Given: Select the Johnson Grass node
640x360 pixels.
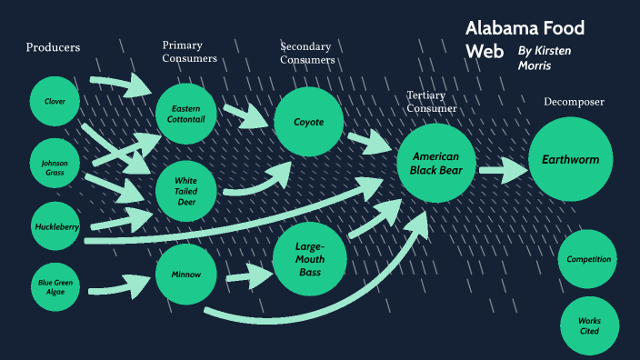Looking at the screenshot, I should pos(55,166).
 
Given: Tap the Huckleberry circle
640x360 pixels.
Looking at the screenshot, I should pos(57,226).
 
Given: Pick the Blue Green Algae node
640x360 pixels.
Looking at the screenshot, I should pos(55,288).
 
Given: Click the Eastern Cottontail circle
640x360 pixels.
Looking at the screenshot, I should pos(186,115).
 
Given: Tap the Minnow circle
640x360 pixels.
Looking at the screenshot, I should pos(186,274).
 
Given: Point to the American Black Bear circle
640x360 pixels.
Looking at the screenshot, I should pos(435,164).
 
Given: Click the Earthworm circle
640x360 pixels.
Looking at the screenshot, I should pos(570,160).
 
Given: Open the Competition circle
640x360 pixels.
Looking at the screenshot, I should pos(588,259).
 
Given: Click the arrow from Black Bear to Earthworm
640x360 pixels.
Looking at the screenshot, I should pos(503,169).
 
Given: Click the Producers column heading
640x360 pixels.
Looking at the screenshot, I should pos(53,47).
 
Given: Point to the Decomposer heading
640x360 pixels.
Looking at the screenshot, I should pos(574,102).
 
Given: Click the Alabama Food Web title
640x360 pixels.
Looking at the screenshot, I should pos(524,39).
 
